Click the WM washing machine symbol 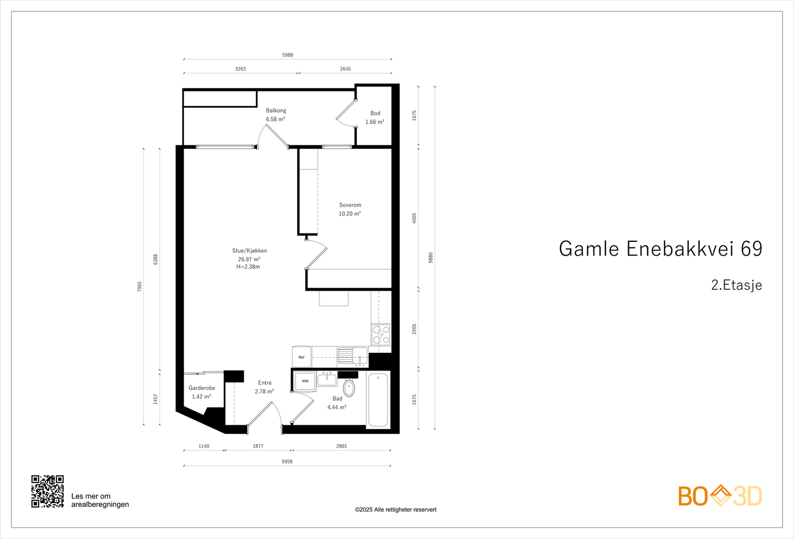tap(305, 381)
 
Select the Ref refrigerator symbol tap(301, 357)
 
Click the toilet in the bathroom tap(349, 388)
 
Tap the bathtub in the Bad tap(378, 399)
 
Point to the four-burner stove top tap(381, 334)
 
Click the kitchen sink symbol tap(352, 356)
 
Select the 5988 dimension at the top tap(288, 55)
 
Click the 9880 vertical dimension tap(431, 257)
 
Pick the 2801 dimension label tap(342, 446)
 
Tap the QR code tap(48, 491)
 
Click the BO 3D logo tap(720, 496)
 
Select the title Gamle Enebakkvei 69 tap(660, 249)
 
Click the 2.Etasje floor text tap(736, 285)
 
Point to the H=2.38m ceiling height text tap(248, 267)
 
